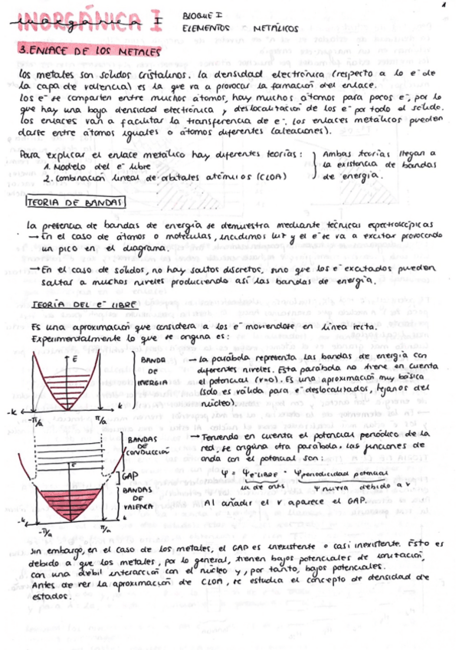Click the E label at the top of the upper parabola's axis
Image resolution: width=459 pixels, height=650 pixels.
(74, 359)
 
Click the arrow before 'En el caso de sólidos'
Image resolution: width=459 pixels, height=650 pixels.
(34, 270)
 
